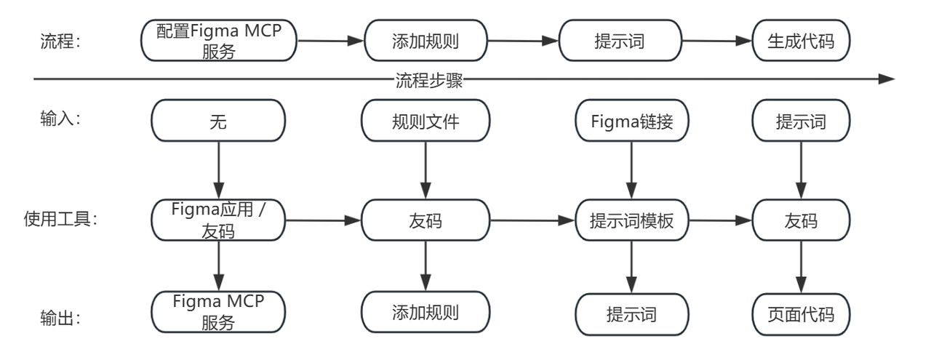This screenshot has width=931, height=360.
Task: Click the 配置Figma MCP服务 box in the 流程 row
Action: click(x=219, y=41)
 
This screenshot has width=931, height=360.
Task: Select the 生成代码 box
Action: click(x=801, y=41)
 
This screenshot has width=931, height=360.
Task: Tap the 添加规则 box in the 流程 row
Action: click(x=425, y=41)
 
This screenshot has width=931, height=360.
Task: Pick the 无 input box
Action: click(x=218, y=121)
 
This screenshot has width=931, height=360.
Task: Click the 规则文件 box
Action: click(x=425, y=121)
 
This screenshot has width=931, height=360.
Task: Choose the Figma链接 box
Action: click(x=631, y=121)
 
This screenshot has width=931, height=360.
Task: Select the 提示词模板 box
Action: click(x=631, y=220)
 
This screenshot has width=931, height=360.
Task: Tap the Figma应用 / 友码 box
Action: click(x=219, y=220)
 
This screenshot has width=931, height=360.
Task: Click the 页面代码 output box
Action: click(x=801, y=314)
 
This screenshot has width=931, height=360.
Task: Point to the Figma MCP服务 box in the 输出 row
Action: click(x=218, y=313)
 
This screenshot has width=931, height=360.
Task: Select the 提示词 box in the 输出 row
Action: click(x=631, y=314)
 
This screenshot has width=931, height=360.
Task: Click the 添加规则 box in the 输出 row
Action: click(x=425, y=313)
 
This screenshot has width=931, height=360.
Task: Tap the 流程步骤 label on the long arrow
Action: click(x=429, y=80)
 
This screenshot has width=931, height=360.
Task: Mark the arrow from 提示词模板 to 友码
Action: click(x=720, y=220)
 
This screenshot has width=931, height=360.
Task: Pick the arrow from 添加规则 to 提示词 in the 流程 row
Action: click(x=524, y=41)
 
